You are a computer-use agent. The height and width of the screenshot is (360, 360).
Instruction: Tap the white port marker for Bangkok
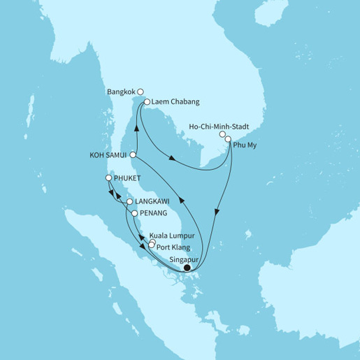click(141, 91)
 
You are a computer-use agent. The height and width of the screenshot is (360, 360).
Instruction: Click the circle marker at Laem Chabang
click(147, 103)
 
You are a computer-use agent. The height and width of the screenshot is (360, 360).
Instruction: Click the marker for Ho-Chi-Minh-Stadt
click(222, 134)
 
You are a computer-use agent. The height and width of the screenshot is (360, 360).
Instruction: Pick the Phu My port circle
click(228, 139)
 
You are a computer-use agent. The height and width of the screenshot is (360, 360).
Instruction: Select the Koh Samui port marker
click(133, 155)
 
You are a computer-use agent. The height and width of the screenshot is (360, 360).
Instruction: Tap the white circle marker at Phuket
click(108, 178)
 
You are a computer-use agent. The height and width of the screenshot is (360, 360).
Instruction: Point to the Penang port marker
click(134, 213)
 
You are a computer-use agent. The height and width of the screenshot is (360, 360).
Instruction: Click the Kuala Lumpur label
click(172, 238)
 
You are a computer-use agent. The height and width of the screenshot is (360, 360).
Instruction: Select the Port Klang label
click(172, 246)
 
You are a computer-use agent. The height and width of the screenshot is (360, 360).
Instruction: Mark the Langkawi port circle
click(129, 203)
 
